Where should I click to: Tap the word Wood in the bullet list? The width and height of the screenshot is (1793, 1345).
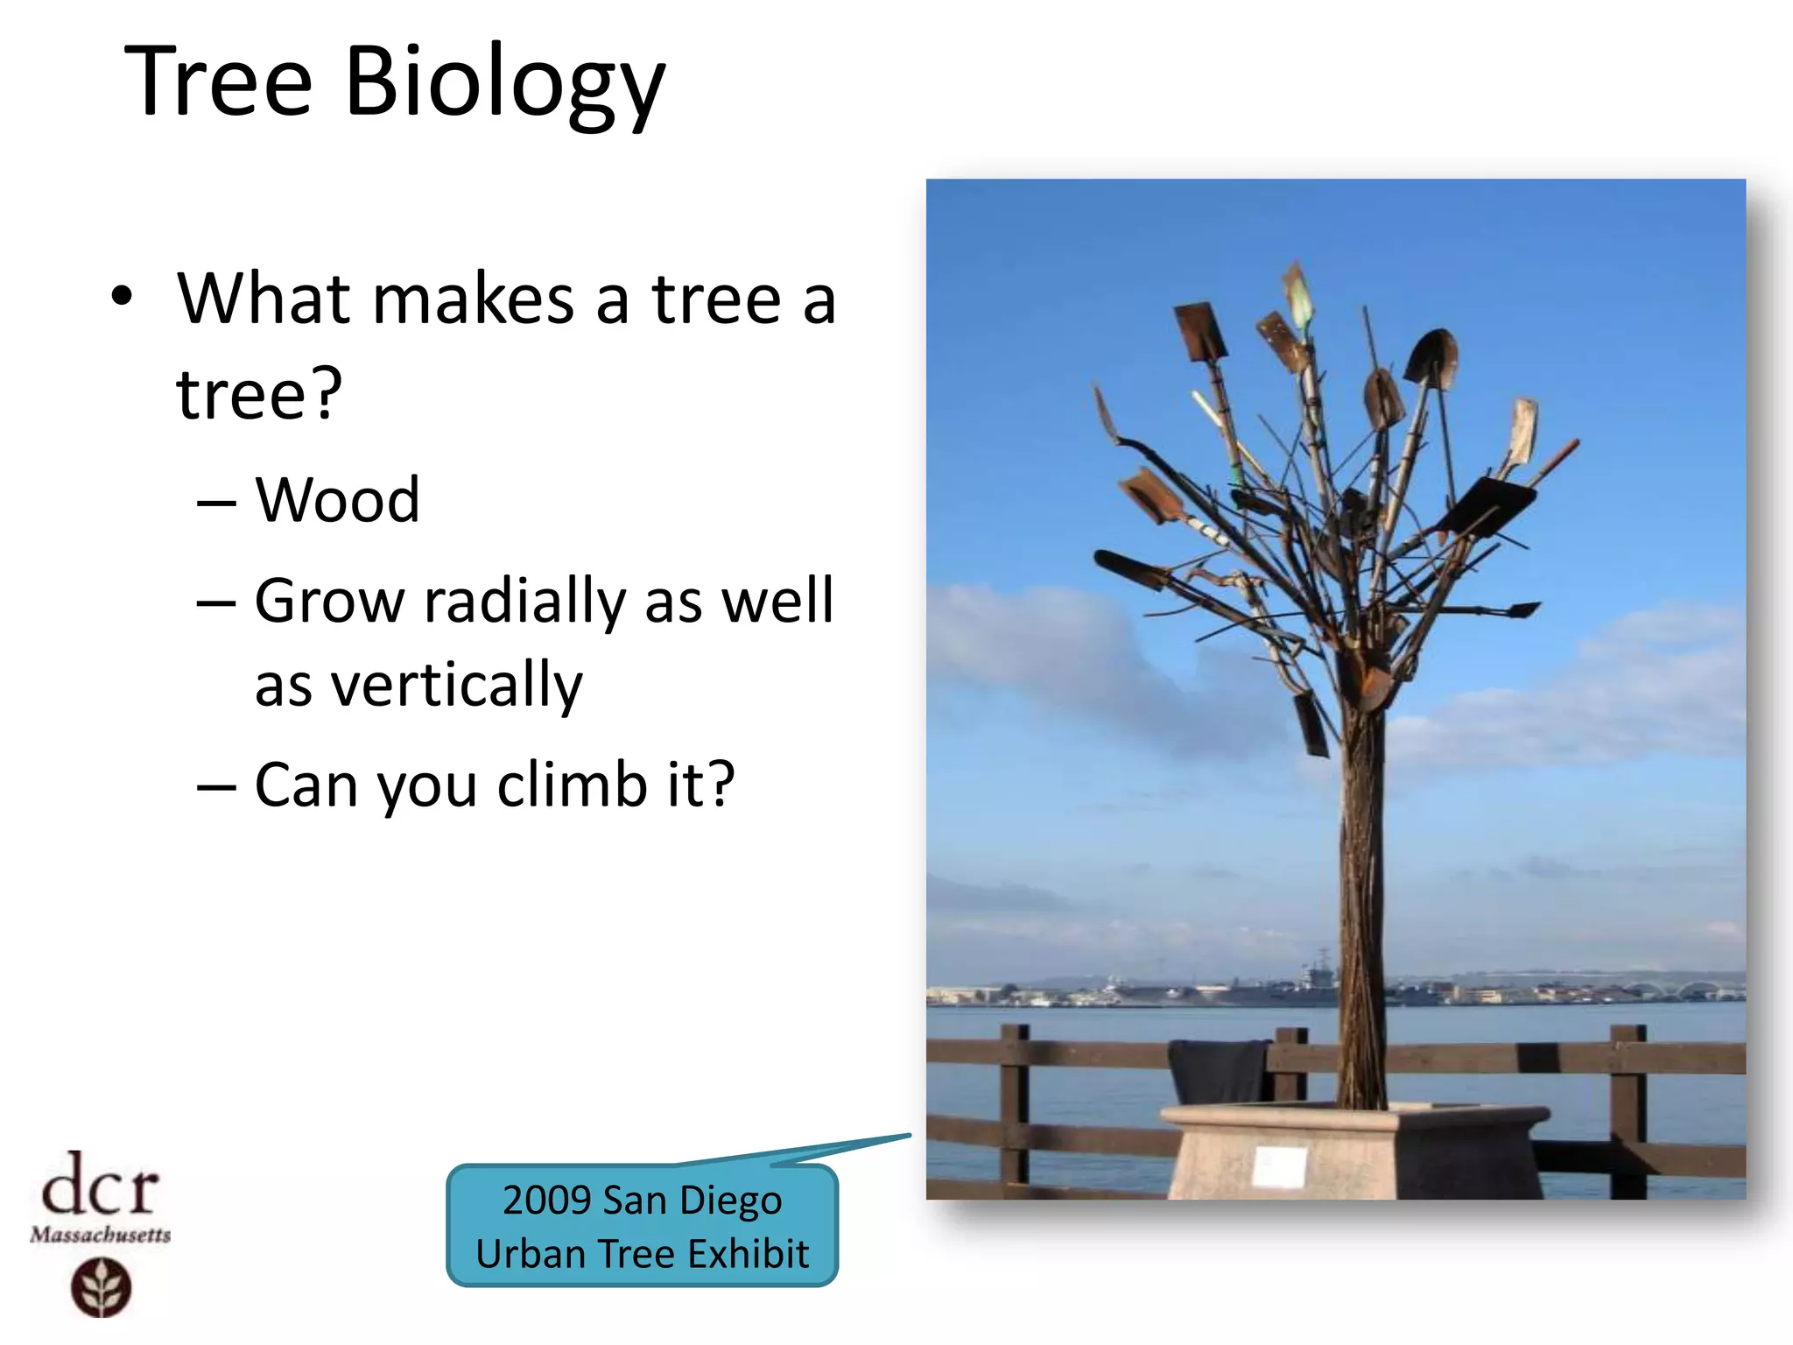[337, 500]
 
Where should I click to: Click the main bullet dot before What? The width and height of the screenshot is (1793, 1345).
[122, 297]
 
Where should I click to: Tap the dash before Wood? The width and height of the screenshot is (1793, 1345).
[216, 504]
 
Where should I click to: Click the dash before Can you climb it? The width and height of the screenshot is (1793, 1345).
[216, 787]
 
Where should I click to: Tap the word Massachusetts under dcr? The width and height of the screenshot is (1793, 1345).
[100, 1235]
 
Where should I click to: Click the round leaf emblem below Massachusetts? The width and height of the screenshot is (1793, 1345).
[101, 1287]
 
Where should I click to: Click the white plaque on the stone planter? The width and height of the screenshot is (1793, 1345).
[1279, 1167]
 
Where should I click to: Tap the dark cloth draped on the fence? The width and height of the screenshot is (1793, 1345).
[1220, 1070]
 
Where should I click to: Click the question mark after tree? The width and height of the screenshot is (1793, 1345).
[325, 394]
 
